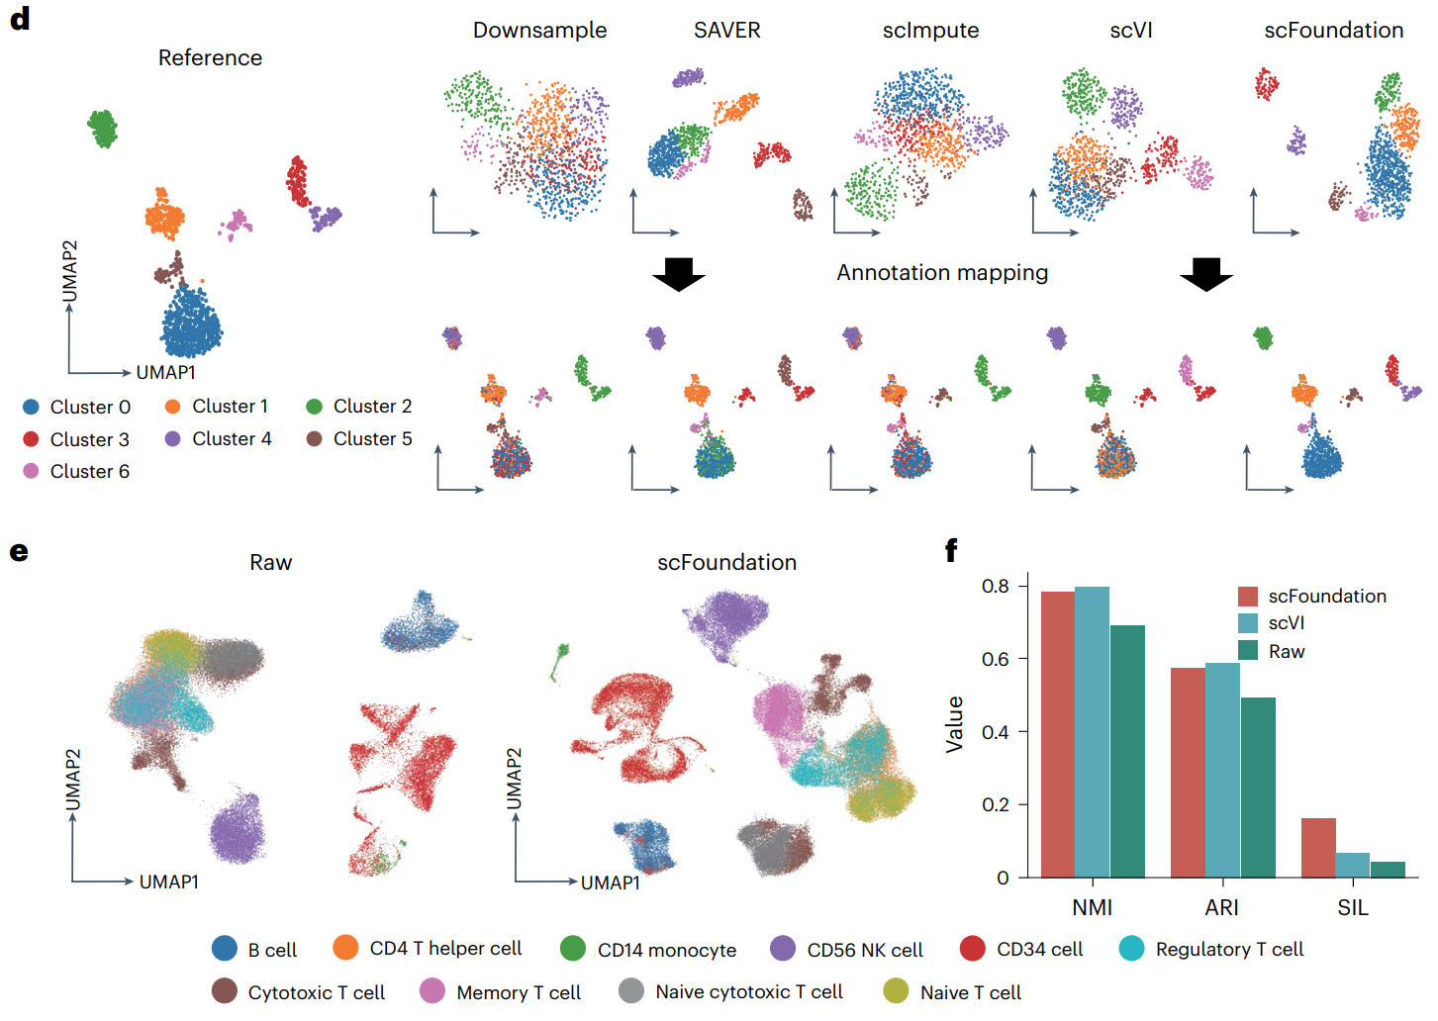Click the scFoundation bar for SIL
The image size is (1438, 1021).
click(1317, 848)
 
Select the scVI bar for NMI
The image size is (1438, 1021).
click(1092, 732)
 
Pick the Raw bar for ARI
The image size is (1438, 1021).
click(1257, 788)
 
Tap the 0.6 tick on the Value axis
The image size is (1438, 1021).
click(995, 659)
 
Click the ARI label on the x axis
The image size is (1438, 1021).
click(1222, 907)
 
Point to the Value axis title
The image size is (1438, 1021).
click(954, 724)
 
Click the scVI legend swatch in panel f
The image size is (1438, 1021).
click(1248, 623)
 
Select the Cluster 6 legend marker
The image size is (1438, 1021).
click(31, 471)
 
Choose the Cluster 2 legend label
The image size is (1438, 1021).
click(372, 407)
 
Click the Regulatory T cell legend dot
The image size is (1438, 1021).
click(1131, 949)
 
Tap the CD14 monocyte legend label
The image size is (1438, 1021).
click(666, 950)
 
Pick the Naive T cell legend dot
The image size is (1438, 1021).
click(896, 991)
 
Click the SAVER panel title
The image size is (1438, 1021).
click(726, 31)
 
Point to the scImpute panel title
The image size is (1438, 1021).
click(930, 31)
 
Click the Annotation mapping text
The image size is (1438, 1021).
click(942, 273)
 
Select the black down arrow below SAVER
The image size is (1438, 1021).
click(679, 274)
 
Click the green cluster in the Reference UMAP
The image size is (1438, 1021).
click(102, 128)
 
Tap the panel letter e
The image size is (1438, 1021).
click(19, 551)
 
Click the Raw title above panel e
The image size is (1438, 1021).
click(270, 563)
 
